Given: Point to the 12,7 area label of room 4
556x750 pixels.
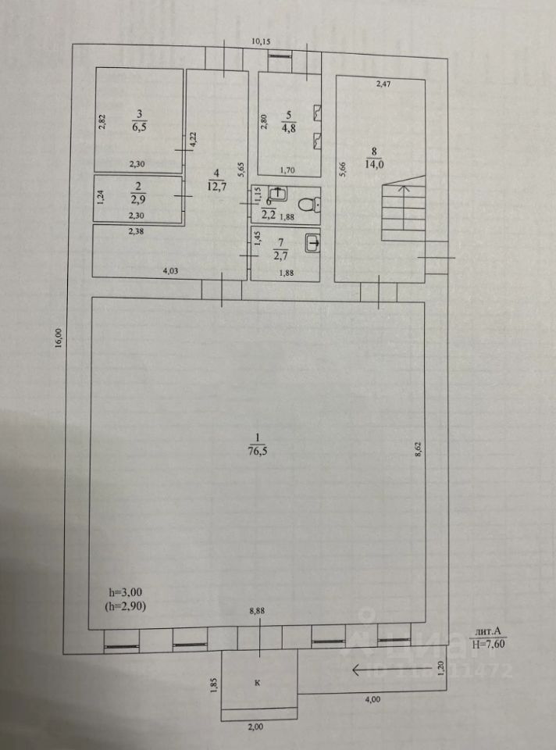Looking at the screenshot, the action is point(217,185).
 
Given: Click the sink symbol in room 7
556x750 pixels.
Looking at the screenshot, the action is point(312,243).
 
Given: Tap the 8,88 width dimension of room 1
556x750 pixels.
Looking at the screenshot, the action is point(256,611).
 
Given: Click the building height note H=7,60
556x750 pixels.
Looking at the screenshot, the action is point(492,644).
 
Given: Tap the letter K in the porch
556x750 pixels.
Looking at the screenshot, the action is point(258,682).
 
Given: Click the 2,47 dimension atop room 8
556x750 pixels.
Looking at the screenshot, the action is point(383,84).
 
